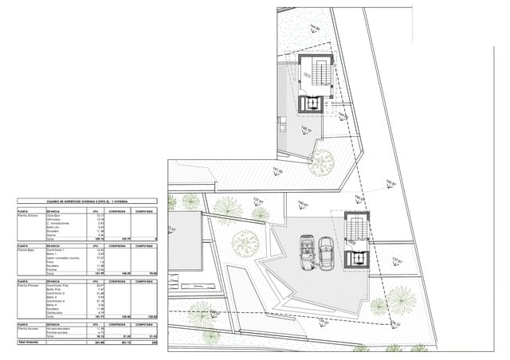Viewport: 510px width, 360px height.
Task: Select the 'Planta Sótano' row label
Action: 28,216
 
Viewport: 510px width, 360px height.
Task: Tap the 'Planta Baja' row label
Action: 26,250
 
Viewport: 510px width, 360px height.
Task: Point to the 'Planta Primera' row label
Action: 29,285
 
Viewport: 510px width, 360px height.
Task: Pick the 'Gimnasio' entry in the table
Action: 55,221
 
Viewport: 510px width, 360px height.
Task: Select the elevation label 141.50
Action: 278,172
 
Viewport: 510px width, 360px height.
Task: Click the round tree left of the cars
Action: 248,241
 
